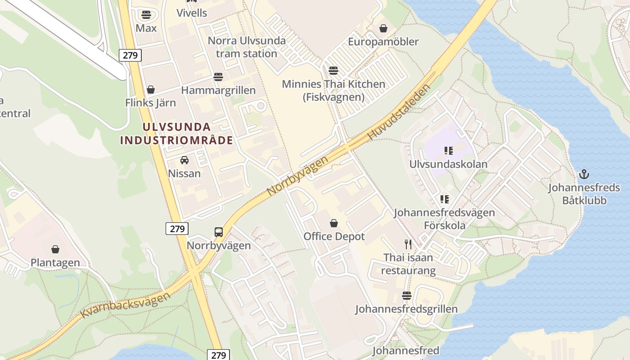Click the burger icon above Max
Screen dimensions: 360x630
(x=146, y=15)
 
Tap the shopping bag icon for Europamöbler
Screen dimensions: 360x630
(x=383, y=28)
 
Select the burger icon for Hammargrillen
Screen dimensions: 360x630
(x=218, y=77)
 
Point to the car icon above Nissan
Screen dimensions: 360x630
(x=184, y=160)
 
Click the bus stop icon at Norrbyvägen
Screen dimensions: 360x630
(x=219, y=232)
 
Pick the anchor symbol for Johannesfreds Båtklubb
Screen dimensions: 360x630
(x=584, y=174)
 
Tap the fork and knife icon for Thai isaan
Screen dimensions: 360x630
(x=408, y=244)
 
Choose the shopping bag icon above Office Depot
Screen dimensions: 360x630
(x=334, y=223)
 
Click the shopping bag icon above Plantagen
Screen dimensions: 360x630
(x=55, y=249)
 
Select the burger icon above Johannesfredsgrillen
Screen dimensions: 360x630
(x=407, y=296)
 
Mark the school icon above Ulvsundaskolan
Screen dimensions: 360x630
(x=448, y=151)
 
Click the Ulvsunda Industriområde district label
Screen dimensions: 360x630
(x=177, y=134)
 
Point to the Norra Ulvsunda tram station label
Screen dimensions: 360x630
(x=247, y=47)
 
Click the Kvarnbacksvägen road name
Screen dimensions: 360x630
(x=126, y=305)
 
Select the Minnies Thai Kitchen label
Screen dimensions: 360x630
(x=333, y=90)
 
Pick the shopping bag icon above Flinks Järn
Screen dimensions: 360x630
(x=151, y=90)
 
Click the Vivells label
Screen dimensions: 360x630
(x=192, y=13)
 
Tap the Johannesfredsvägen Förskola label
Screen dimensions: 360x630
(x=444, y=219)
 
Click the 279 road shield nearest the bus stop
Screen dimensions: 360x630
(x=177, y=229)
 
